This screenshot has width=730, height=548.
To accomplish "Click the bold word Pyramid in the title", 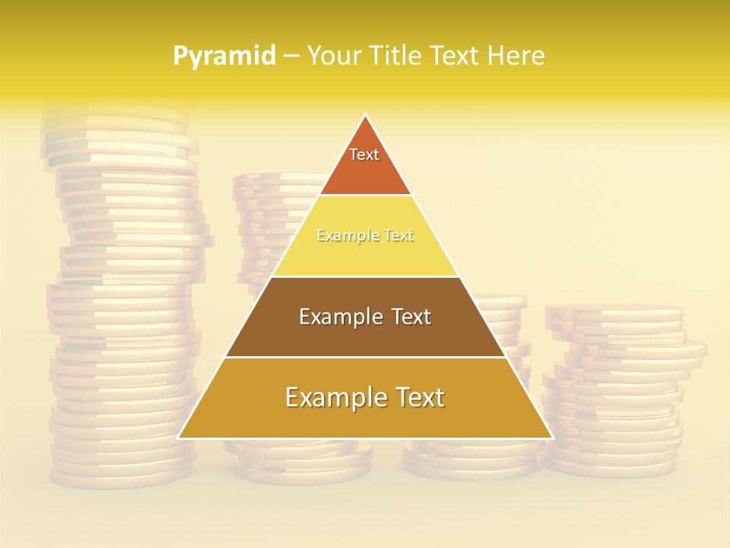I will pyautogui.click(x=224, y=56).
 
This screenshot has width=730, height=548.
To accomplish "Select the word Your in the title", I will pyautogui.click(x=333, y=56).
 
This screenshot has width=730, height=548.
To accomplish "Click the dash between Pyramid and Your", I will pyautogui.click(x=290, y=56).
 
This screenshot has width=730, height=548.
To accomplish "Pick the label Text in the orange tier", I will pyautogui.click(x=364, y=155).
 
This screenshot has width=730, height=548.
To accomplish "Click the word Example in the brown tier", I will pyautogui.click(x=335, y=317).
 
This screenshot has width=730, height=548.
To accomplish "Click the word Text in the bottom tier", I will pyautogui.click(x=419, y=397).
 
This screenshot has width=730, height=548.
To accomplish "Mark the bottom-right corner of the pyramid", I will pyautogui.click(x=551, y=438).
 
